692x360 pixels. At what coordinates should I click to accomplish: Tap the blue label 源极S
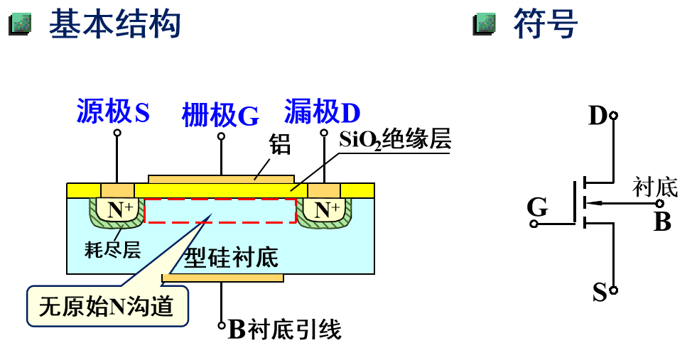[x=113, y=112]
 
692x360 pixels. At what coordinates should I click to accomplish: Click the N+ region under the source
[x=119, y=209]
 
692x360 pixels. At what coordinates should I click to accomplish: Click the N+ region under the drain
[x=326, y=209]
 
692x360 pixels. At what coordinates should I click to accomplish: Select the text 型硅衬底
[x=232, y=257]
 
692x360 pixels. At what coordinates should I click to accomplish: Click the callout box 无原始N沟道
[x=107, y=307]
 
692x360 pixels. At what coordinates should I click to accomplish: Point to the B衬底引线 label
[x=285, y=329]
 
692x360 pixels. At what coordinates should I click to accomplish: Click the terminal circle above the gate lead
[x=221, y=136]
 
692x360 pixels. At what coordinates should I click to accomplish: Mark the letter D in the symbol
[x=598, y=115]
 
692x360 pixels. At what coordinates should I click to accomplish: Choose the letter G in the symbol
[x=537, y=207]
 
